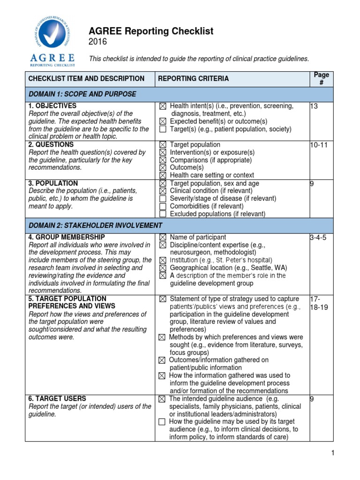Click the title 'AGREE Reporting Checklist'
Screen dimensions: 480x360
tap(151, 31)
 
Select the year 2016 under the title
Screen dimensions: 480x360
tap(97, 42)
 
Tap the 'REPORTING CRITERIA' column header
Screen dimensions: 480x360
tap(193, 79)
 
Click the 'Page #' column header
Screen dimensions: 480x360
tap(321, 78)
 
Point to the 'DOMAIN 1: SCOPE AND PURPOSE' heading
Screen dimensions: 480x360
tap(82, 94)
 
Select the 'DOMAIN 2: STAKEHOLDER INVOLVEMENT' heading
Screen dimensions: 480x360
tap(96, 225)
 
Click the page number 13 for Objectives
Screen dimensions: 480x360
tap(314, 106)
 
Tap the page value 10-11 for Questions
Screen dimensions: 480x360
tap(319, 145)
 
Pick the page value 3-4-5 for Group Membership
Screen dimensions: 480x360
tap(318, 238)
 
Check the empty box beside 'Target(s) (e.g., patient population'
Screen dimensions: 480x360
tap(163, 129)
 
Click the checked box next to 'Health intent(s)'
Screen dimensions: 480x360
tap(163, 106)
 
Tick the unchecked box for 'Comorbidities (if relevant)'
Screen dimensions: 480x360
tap(163, 207)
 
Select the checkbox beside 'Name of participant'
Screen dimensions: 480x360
tap(163, 238)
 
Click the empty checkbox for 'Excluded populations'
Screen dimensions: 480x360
tap(163, 214)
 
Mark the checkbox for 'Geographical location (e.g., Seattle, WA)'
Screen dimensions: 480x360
tap(163, 268)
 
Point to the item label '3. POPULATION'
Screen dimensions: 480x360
tap(53, 183)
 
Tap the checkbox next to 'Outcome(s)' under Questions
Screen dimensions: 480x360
tap(163, 168)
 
